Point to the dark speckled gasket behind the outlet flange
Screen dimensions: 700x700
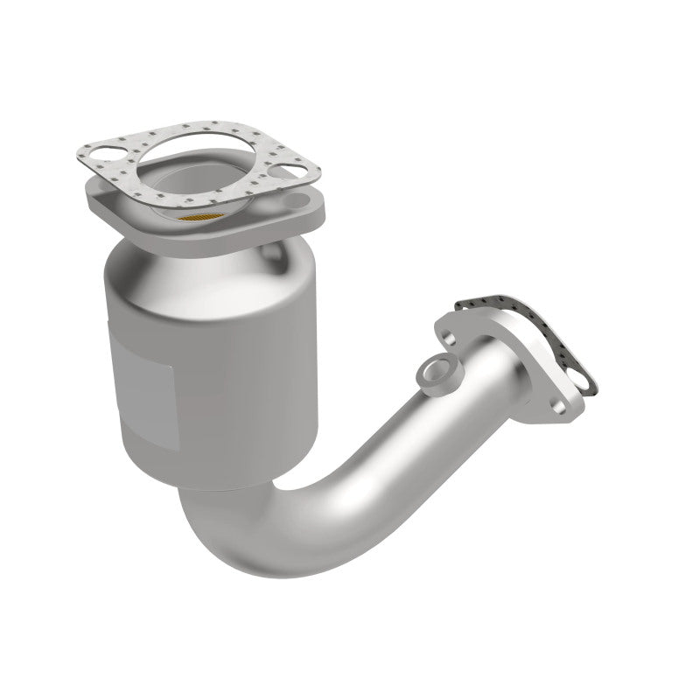(x=525, y=332)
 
